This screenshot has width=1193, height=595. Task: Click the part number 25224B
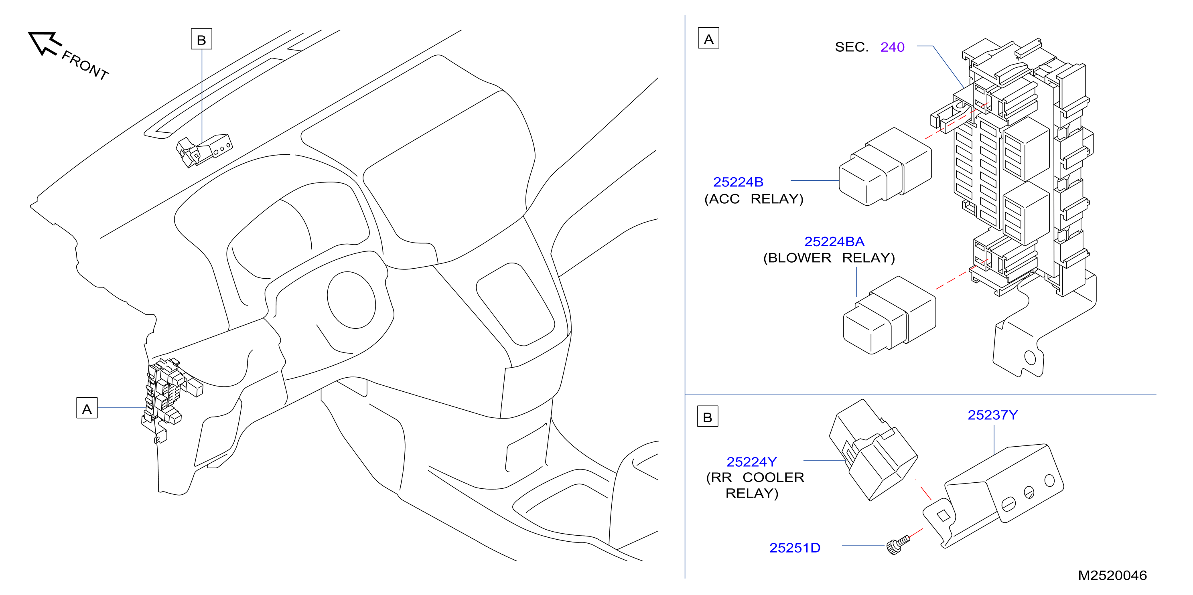coord(738,182)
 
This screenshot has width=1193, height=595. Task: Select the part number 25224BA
coord(834,241)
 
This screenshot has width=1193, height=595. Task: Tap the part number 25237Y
coord(992,415)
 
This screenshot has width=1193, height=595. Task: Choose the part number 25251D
coord(794,548)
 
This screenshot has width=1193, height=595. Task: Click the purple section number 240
coord(892,47)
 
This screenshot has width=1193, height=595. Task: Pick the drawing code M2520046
coord(1112,575)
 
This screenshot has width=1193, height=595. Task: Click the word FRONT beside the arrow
coord(85,65)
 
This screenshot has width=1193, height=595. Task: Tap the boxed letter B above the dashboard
coord(201,39)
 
